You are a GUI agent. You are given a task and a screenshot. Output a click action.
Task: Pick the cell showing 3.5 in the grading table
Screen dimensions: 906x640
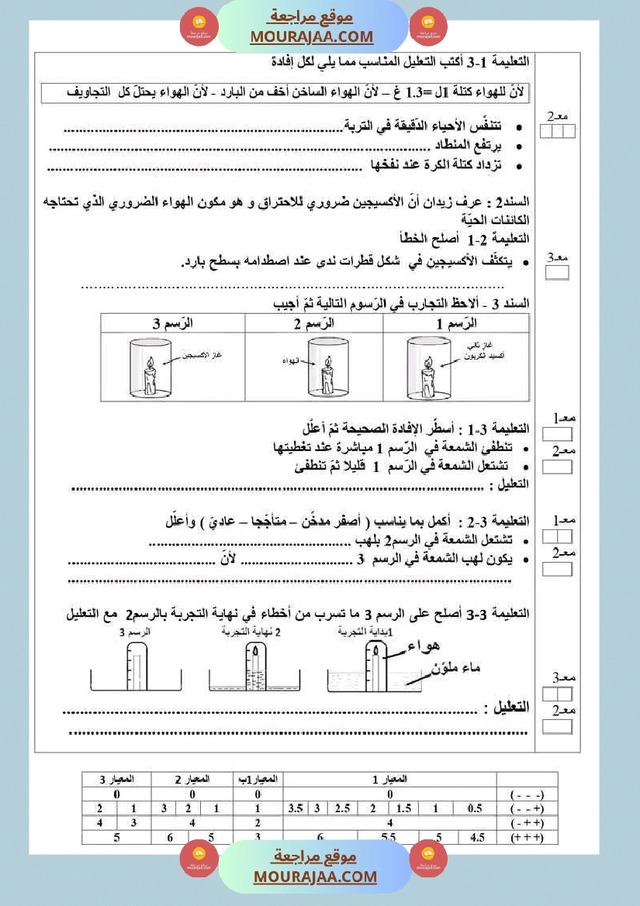coord(296,808)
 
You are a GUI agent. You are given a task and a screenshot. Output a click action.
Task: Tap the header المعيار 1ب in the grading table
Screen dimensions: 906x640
coord(257,779)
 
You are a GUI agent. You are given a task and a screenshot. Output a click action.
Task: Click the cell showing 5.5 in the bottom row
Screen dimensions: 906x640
coord(388,837)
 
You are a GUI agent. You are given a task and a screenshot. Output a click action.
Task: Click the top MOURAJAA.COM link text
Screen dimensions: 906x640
coord(312,36)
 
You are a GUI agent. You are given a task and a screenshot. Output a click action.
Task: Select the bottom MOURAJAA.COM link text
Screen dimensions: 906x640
coord(315,877)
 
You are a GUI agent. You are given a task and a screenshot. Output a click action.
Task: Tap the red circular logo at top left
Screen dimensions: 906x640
coord(199,27)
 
